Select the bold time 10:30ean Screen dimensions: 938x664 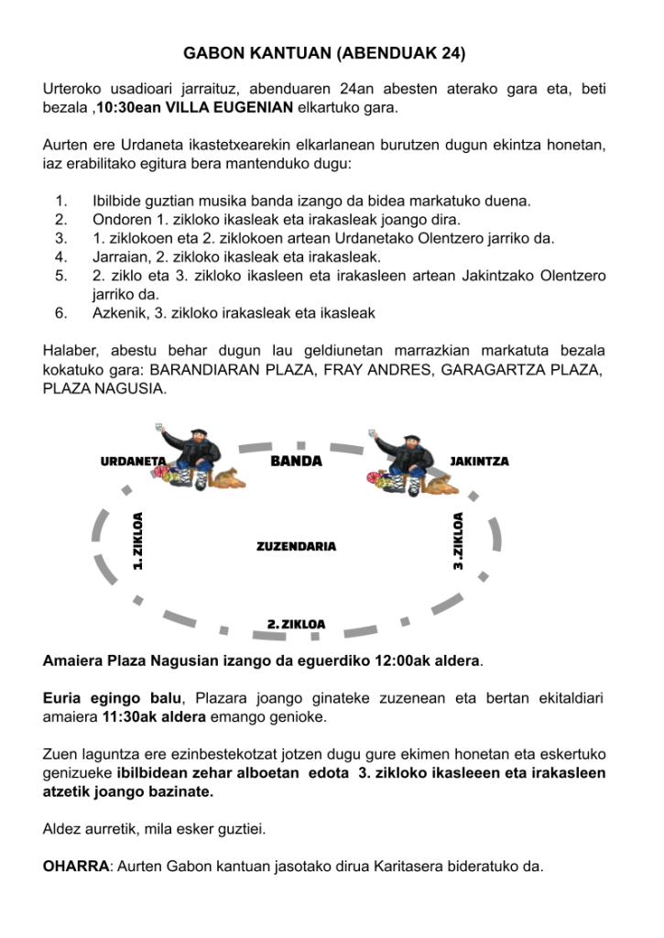pyautogui.click(x=132, y=108)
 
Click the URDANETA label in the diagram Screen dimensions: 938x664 pyautogui.click(x=133, y=461)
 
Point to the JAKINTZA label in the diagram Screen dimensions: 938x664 pyautogui.click(x=479, y=461)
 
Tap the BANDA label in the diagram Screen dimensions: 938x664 pyautogui.click(x=297, y=461)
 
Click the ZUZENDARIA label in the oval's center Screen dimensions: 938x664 pyautogui.click(x=296, y=546)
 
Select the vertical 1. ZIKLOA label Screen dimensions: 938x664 pyautogui.click(x=138, y=540)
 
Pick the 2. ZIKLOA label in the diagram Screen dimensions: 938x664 pyautogui.click(x=296, y=624)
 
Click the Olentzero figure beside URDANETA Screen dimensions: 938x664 pyautogui.click(x=197, y=458)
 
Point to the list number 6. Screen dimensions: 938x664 pyautogui.click(x=61, y=313)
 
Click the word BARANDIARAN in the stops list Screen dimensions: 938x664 pyautogui.click(x=213, y=370)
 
